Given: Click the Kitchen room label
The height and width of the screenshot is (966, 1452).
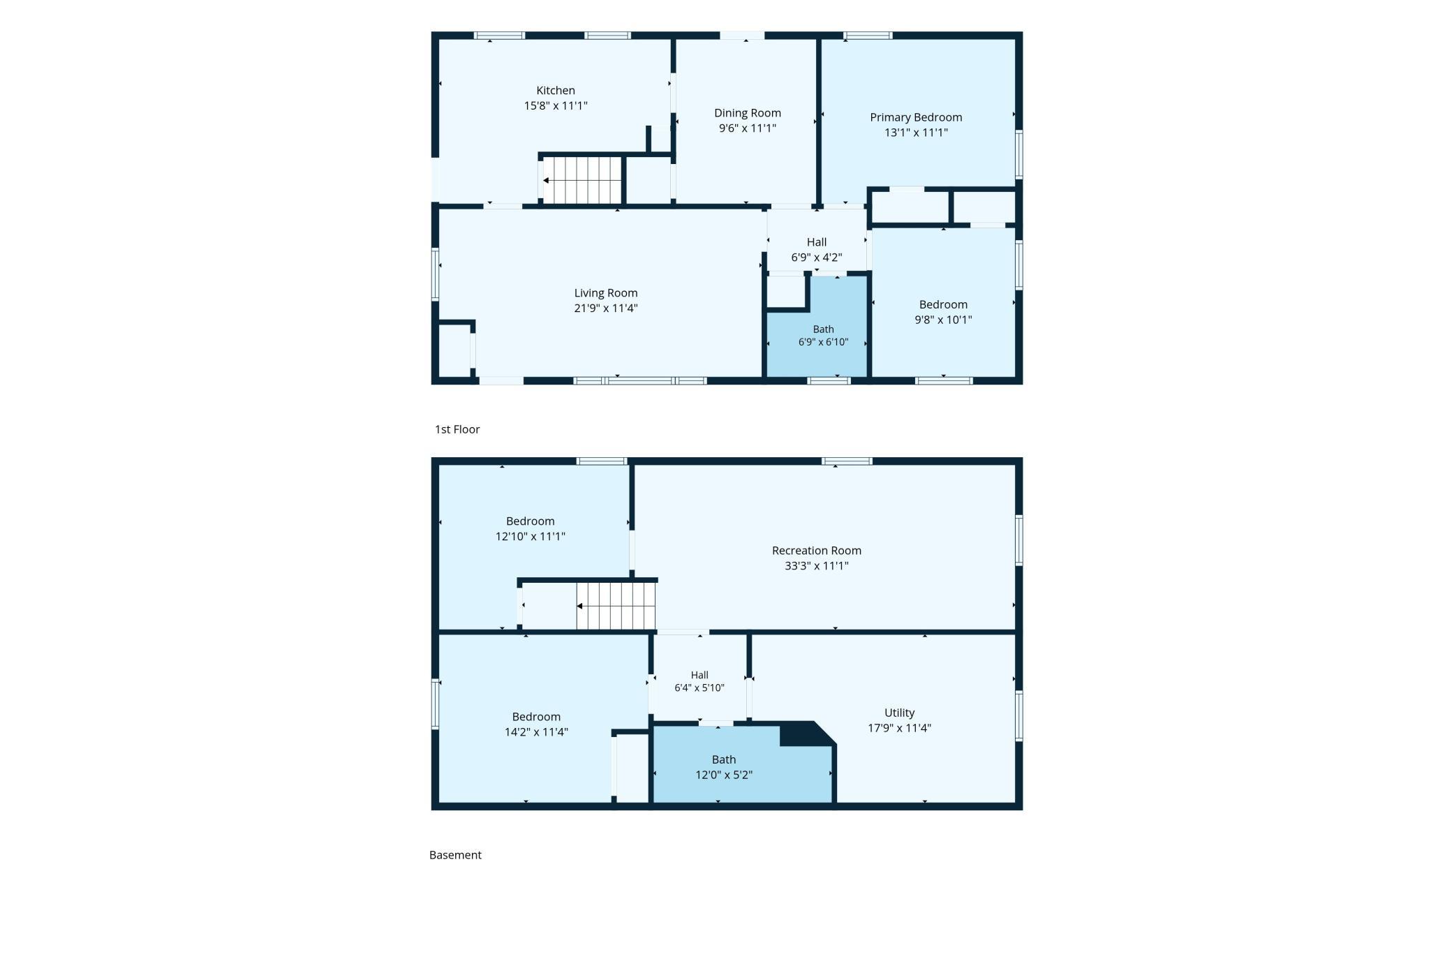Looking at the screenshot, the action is point(556,91).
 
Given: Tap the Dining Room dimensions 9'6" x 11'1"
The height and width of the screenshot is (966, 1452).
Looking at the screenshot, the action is point(748,128).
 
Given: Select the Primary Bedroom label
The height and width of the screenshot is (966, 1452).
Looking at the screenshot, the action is point(916,117).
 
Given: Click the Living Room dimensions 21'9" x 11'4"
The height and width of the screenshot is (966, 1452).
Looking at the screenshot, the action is point(606,309).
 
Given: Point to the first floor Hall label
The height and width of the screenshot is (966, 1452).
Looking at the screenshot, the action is point(817,242).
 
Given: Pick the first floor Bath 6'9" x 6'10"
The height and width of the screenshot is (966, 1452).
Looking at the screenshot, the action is point(824,336).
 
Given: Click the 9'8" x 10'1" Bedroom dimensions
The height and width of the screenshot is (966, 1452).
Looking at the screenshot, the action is point(943,320).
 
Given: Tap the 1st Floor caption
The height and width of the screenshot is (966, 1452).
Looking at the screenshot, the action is point(457,429).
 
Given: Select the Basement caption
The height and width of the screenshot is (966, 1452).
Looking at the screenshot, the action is point(455,855).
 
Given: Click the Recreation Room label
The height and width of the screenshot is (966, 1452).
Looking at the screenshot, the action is point(817,551).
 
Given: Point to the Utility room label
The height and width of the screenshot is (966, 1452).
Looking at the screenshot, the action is point(899,713).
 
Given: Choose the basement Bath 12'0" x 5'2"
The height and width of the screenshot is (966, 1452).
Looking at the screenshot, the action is point(724,767).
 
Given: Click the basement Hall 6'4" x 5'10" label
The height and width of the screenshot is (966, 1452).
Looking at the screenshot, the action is point(699,681).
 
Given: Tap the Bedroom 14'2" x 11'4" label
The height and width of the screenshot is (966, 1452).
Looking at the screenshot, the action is point(536,724).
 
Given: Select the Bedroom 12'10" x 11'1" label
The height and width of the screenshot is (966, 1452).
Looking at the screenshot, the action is point(531,529).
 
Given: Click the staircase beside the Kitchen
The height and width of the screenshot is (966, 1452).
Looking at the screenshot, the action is point(582,180).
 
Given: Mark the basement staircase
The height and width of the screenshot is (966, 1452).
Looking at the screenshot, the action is point(616,606).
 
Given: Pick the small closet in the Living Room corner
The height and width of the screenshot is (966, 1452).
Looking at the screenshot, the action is point(454,351).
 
